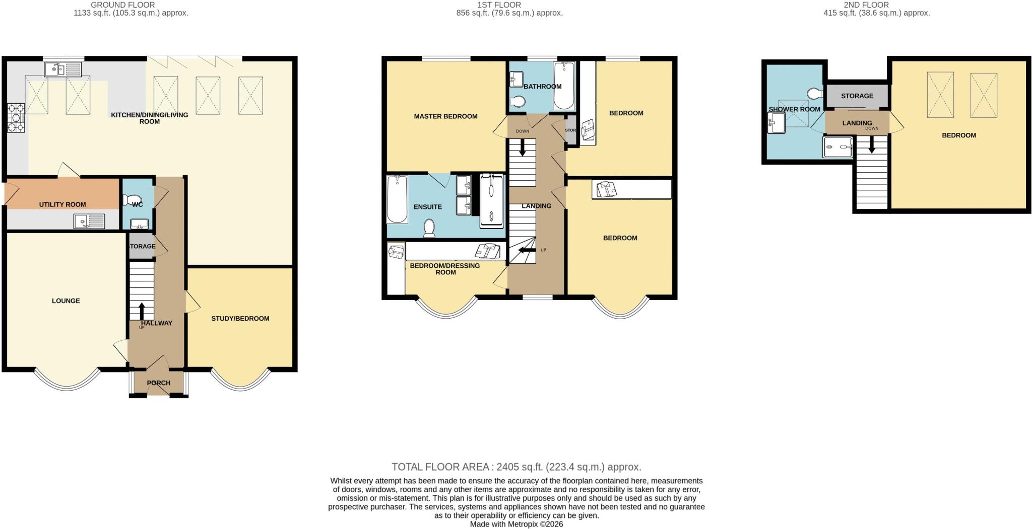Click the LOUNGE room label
tap(66, 301)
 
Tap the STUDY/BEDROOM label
tap(240, 319)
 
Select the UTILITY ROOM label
tap(62, 204)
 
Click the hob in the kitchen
tap(16, 118)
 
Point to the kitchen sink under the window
tap(63, 69)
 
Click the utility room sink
tap(89, 221)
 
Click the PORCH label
tap(159, 383)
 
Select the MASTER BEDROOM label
tap(445, 116)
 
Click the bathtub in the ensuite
tap(397, 199)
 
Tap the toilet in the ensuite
tap(429, 228)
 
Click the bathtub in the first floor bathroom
tap(564, 86)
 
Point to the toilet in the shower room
tap(814, 94)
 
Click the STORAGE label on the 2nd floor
tap(857, 96)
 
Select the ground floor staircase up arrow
tap(142, 311)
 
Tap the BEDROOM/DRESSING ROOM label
tap(445, 269)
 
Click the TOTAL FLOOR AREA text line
tap(517, 467)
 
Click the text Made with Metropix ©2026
tap(517, 524)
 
